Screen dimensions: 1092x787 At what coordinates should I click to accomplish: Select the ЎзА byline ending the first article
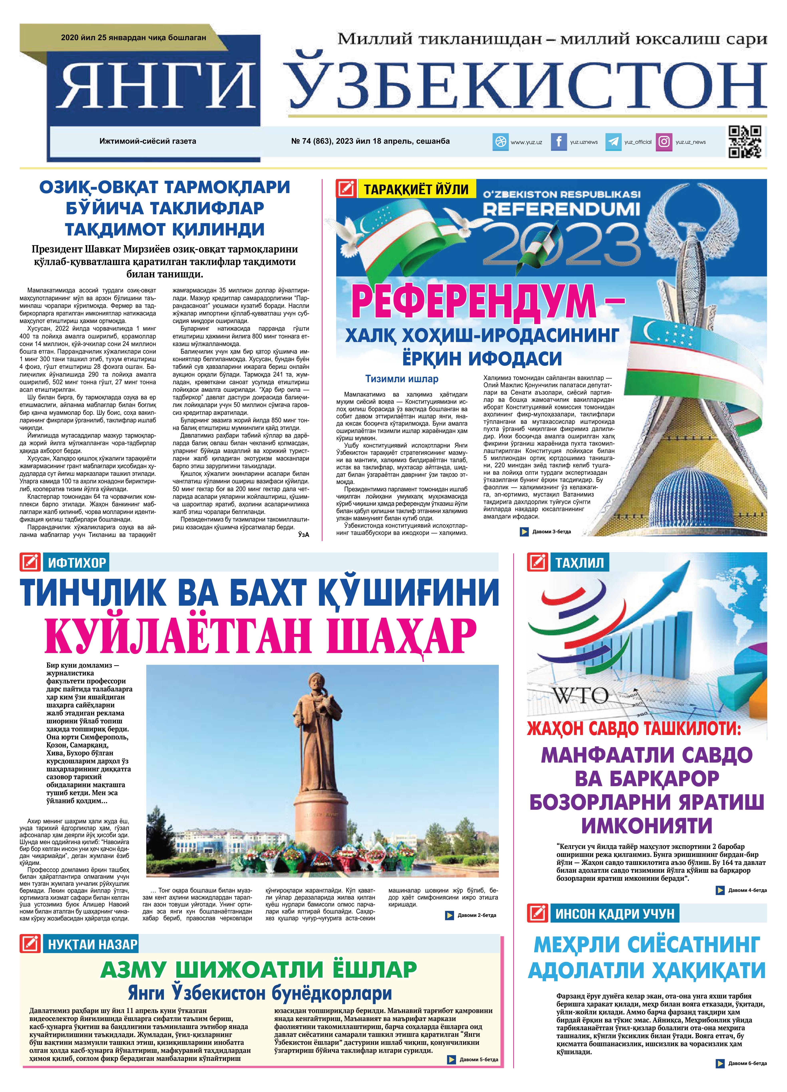303,535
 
